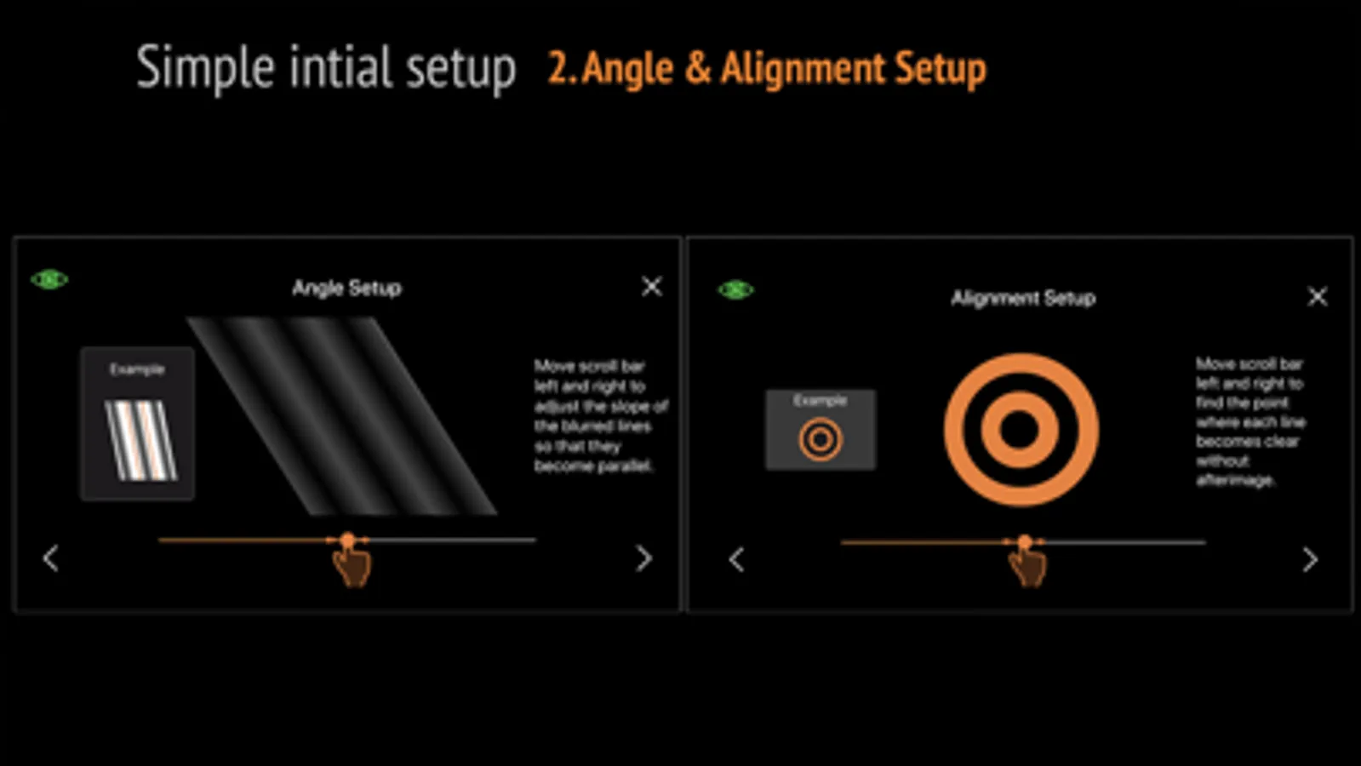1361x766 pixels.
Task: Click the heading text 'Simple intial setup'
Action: pos(326,68)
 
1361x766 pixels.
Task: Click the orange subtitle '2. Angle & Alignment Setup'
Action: pos(766,69)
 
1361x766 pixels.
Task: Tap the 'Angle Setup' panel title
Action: pos(346,288)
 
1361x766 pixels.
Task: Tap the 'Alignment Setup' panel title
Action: pos(1023,298)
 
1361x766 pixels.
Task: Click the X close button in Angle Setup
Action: pos(651,286)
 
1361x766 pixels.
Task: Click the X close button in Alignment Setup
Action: pos(1317,296)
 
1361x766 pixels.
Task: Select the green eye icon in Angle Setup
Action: pos(49,279)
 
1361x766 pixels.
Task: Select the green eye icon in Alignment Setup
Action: pos(735,290)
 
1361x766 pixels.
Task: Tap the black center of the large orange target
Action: pos(1021,430)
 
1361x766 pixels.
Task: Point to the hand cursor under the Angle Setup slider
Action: pos(352,565)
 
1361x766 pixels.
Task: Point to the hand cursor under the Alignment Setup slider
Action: pos(1027,566)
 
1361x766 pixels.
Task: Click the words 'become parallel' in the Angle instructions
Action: pos(593,466)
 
